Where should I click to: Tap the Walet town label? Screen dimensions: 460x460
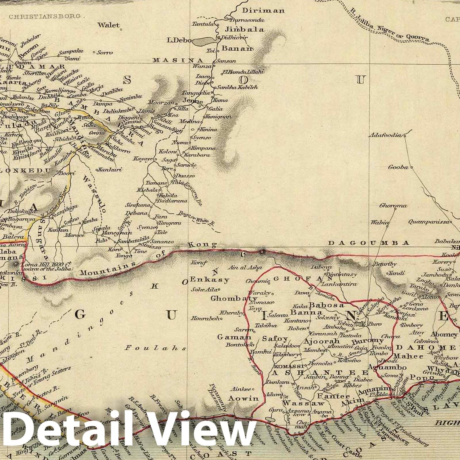(x=108, y=25)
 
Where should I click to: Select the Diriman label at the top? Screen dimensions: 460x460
(x=263, y=11)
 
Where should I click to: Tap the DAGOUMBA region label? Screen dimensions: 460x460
(x=369, y=243)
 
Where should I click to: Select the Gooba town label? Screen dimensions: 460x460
(x=398, y=167)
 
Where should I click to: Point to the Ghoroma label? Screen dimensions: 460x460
(x=393, y=206)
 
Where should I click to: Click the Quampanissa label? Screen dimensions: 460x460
(x=428, y=222)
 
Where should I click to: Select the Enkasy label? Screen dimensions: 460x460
(x=210, y=279)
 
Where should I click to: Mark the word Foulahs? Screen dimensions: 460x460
(x=155, y=348)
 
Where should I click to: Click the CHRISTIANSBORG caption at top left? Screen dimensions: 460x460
(x=45, y=16)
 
